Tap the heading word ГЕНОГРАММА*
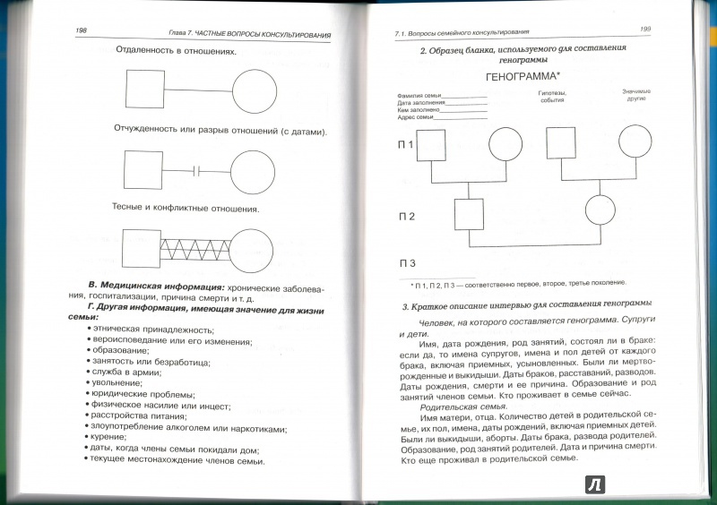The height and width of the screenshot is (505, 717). [x=521, y=77]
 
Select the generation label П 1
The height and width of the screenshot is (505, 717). [x=406, y=143]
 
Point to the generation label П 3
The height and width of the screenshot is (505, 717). [x=407, y=263]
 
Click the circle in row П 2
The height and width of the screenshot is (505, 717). [x=601, y=211]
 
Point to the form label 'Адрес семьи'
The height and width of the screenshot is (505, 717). [x=413, y=117]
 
